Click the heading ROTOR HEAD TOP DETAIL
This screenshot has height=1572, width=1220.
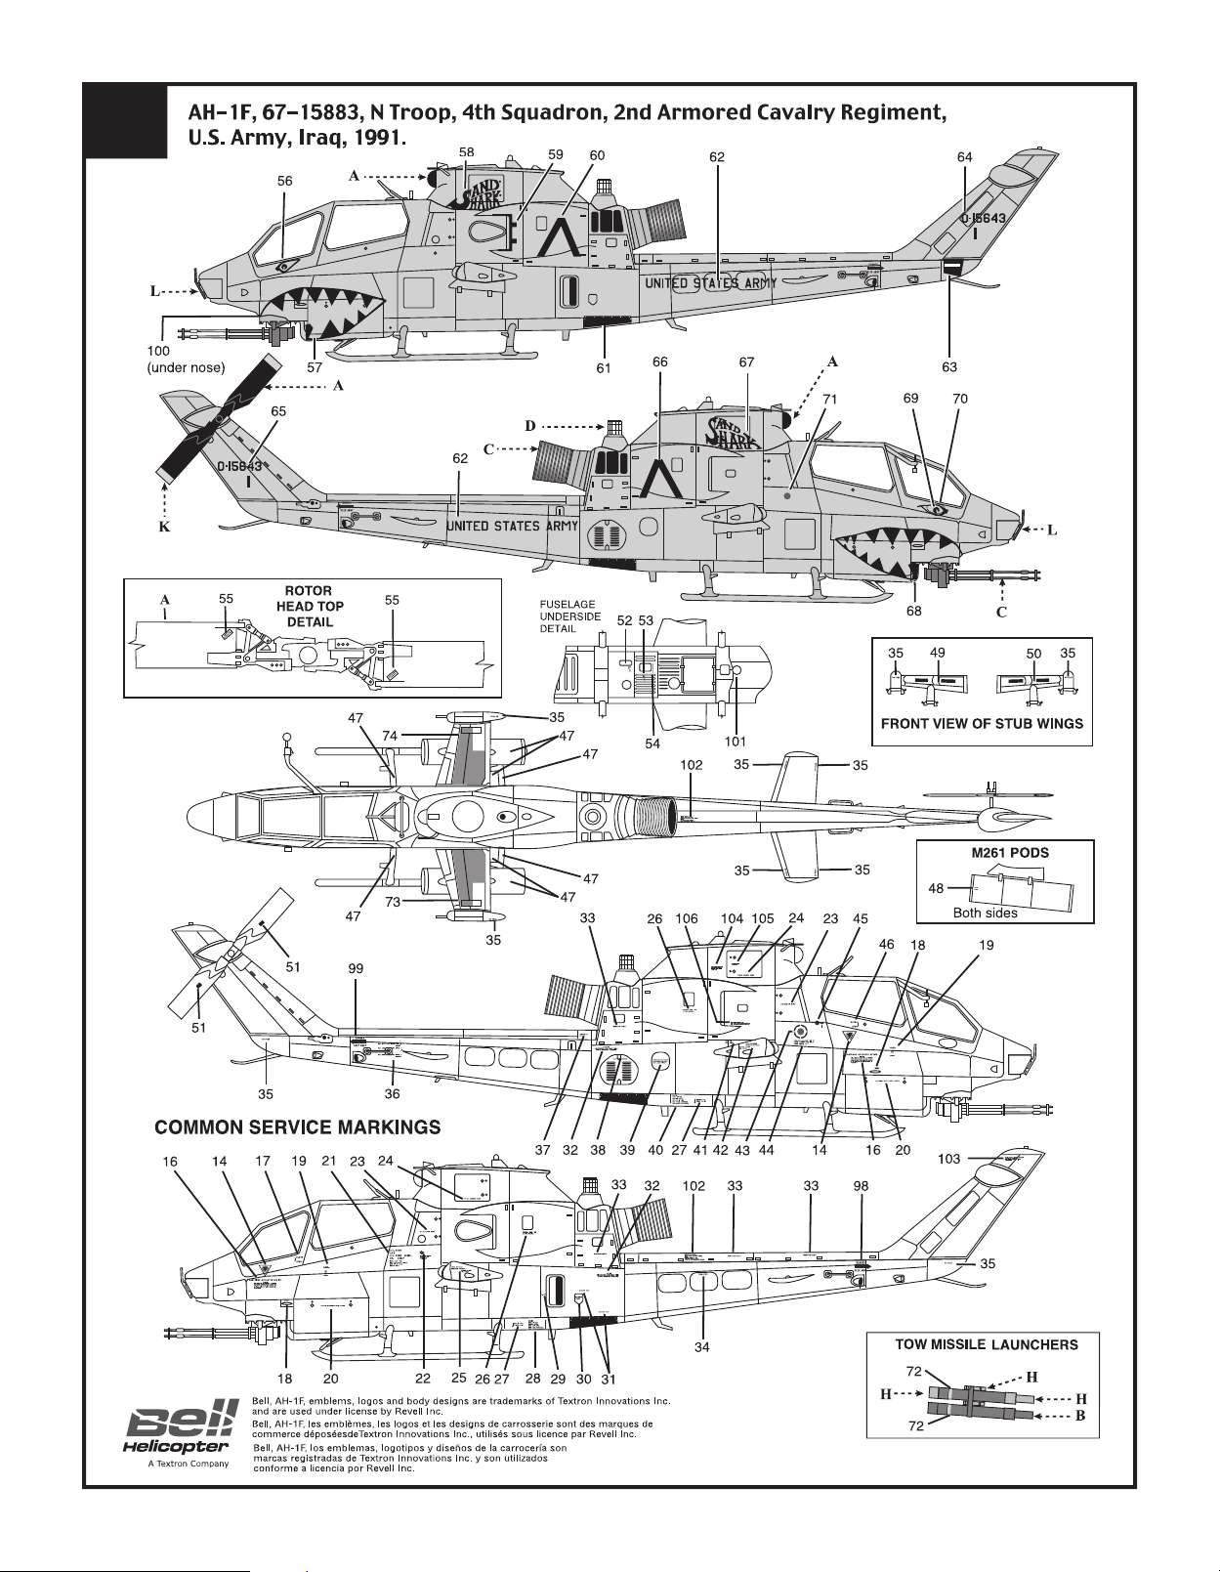pos(309,606)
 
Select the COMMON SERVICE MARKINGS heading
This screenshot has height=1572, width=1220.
pos(297,1127)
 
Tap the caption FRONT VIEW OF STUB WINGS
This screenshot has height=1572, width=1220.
pos(982,724)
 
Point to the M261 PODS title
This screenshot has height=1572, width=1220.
pos(1009,853)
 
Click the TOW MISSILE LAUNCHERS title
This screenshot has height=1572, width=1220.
pos(987,1344)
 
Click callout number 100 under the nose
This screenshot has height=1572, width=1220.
pos(158,351)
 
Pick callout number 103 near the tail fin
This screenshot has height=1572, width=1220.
pos(948,1159)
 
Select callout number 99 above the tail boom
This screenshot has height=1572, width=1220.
pos(356,968)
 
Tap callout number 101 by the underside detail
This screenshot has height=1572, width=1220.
pos(736,742)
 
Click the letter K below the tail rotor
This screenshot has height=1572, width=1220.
pos(164,528)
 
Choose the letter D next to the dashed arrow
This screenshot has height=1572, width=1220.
pos(530,426)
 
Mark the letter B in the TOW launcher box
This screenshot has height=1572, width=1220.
pos(1080,1416)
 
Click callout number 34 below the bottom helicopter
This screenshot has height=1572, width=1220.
pos(701,1347)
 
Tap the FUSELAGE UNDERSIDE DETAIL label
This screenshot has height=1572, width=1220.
pos(570,616)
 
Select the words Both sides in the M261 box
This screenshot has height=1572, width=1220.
pos(985,913)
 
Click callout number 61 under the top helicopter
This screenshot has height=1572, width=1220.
pos(604,367)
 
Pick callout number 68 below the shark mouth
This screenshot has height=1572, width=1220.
pos(914,611)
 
